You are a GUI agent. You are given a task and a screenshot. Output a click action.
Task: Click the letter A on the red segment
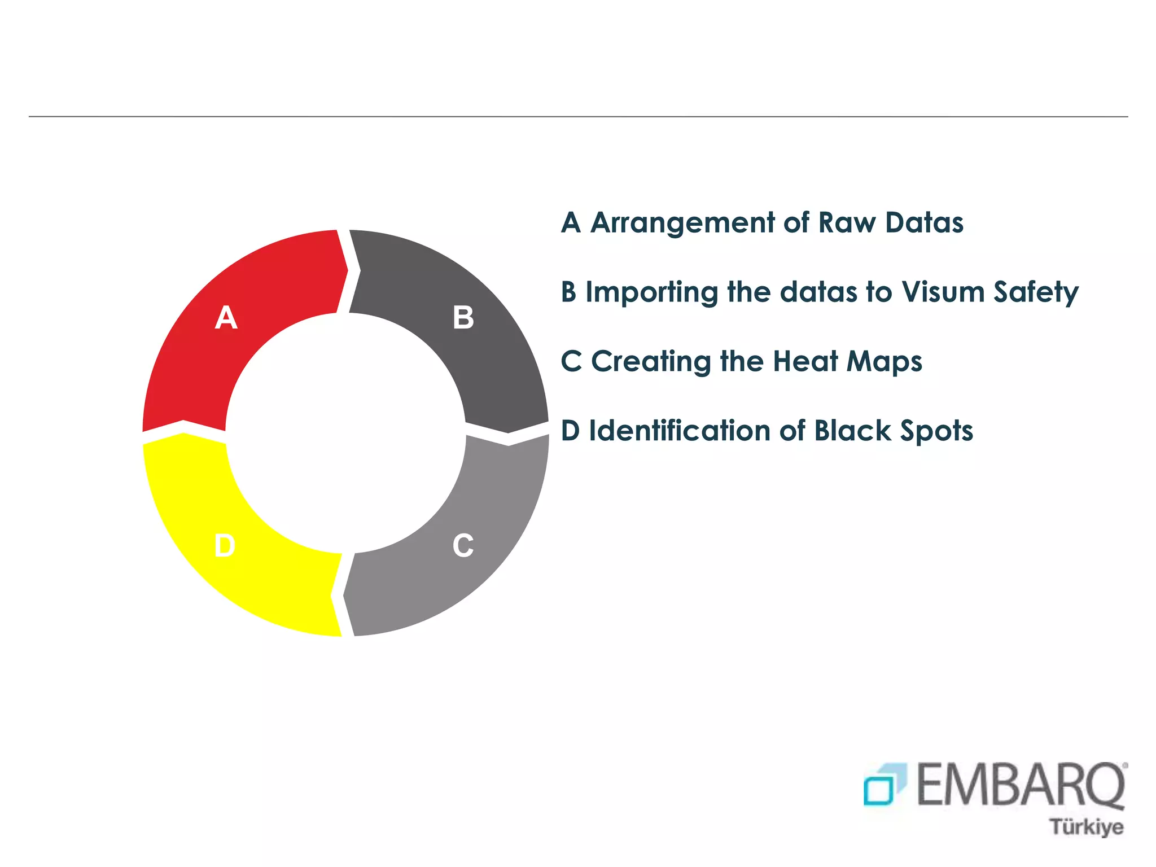point(226,318)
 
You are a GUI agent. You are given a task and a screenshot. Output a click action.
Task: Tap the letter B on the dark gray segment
point(463,318)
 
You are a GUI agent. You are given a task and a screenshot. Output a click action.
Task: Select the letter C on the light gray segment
point(463,546)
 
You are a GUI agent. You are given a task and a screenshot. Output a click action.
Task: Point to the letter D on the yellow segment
point(225,546)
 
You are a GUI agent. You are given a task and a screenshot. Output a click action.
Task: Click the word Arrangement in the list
point(682,224)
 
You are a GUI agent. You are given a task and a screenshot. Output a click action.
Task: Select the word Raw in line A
point(846,222)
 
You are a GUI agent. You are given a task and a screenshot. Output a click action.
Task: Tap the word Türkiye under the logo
point(1086,827)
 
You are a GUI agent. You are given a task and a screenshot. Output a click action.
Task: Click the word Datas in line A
point(924,222)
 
